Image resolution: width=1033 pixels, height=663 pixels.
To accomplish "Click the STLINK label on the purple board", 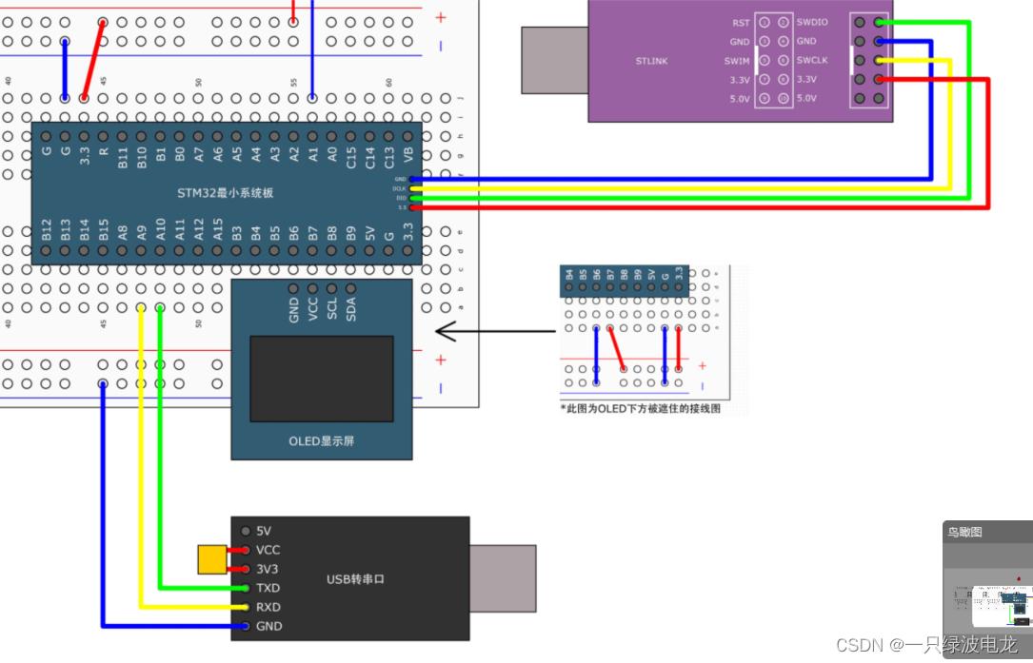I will pos(651,61).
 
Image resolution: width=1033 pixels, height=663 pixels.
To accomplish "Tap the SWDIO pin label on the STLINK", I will pos(812,23).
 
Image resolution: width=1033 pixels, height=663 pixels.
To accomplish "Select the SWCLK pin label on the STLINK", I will pos(812,61).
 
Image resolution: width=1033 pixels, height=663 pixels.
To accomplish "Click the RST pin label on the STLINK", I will pos(741,23).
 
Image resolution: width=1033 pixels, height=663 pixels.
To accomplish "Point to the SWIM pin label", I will pos(737,61).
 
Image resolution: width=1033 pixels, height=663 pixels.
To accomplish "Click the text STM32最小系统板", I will pos(225,193).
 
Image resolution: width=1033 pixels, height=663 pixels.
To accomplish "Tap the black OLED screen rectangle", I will pos(322,378).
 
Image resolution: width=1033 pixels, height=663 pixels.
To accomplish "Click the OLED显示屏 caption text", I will pos(321,441).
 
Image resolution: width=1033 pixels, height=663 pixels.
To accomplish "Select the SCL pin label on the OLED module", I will pos(332,308).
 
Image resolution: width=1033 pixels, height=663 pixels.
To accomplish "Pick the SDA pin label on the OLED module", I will pos(351,308).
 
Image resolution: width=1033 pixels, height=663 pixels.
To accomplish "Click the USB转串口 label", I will pos(355,579).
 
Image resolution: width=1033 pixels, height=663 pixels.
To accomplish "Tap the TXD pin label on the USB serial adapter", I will pos(268,588).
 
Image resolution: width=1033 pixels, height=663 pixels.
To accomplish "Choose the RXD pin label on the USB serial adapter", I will pos(268,607).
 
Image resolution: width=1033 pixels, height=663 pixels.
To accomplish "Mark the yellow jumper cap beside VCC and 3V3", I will pos(211,559).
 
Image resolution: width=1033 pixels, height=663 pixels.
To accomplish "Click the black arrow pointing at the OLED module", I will pos(495,332).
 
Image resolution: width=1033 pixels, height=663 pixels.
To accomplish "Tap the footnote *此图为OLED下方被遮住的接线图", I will pos(641,407).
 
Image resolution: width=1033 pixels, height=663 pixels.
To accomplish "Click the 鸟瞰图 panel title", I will pos(963,533).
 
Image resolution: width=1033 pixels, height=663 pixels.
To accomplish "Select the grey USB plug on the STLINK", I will pos(554,60).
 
